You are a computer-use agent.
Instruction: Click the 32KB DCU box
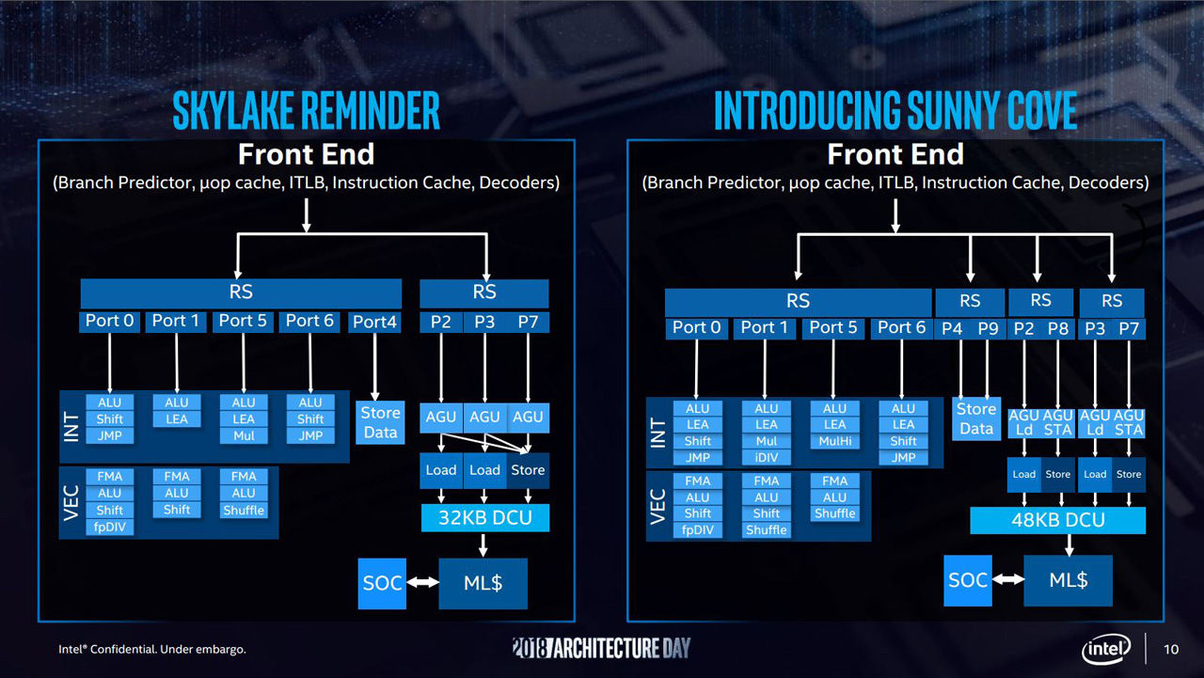[484, 517]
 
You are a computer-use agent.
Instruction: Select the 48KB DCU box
[1057, 520]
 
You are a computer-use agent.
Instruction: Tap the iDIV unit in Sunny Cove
[766, 458]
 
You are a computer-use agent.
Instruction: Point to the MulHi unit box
[834, 441]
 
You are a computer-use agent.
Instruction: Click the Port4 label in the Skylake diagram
[374, 322]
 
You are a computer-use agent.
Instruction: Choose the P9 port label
[987, 327]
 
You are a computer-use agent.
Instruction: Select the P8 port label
[1058, 327]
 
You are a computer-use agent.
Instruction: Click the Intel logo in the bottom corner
[1106, 648]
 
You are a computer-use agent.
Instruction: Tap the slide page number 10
[1171, 649]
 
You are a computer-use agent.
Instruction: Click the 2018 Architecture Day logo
[601, 647]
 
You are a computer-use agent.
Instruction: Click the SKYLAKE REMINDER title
[306, 111]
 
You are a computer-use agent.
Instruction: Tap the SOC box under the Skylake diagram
[382, 583]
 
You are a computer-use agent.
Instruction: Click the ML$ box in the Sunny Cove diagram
[1068, 580]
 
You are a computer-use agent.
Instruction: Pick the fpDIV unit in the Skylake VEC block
[109, 527]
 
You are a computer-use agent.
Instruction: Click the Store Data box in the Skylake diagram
[380, 422]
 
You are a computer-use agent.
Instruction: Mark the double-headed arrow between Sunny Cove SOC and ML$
[1008, 580]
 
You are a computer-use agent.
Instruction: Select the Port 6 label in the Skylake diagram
[309, 321]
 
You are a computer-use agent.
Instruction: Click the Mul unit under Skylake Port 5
[244, 435]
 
